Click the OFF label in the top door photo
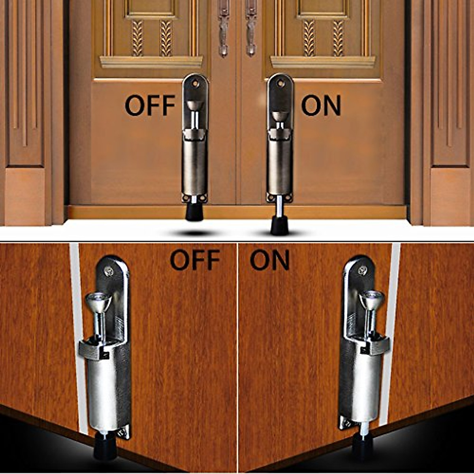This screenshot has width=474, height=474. point(150,105)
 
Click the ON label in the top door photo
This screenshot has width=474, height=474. point(321,105)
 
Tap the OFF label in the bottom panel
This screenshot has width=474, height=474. point(195,260)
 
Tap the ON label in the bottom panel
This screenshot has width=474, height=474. point(270,260)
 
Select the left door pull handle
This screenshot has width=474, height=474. point(224,30)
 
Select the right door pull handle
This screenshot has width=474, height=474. point(251,30)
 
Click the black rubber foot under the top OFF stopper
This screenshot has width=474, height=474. point(195,213)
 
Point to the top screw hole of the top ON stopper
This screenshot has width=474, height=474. point(280,83)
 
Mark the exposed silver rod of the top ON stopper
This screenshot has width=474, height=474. point(279,208)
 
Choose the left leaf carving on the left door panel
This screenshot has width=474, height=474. point(137,38)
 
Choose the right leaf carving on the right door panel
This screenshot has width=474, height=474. point(338,38)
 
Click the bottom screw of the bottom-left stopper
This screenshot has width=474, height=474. point(123,434)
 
